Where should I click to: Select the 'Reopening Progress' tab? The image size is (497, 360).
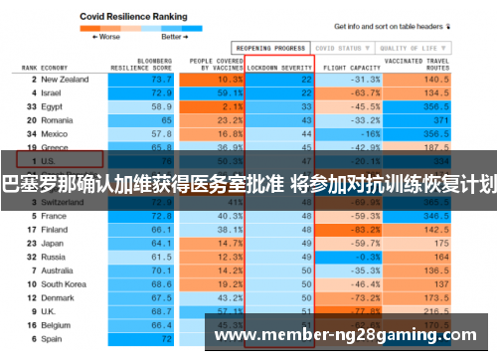coord(269,47)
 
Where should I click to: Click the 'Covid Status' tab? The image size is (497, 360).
coord(339,47)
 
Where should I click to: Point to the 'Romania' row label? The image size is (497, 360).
coord(58,118)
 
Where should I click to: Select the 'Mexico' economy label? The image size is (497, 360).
coord(55,132)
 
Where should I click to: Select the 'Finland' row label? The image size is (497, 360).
coord(56,229)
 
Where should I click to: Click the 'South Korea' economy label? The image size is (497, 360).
coord(64,283)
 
